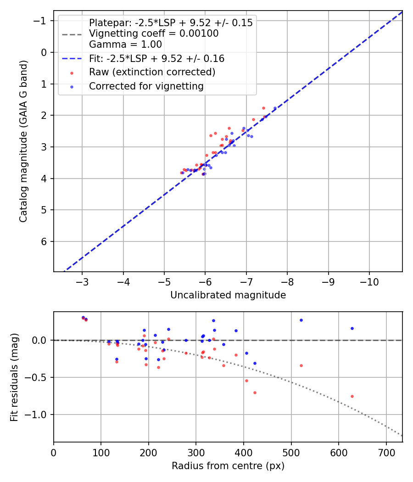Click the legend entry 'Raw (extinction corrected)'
[152, 72]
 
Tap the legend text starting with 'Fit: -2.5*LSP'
[156, 59]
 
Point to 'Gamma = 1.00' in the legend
[125, 45]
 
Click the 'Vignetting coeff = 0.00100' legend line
[154, 34]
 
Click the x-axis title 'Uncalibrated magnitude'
[228, 295]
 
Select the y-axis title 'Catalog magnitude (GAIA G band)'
[24, 141]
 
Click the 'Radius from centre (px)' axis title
[228, 466]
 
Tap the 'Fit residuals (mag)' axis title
[15, 377]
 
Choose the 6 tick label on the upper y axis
[45, 241]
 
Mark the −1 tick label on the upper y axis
[41, 21]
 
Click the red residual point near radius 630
[352, 396]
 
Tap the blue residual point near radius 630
[352, 328]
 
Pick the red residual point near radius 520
[301, 365]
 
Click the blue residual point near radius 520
[301, 320]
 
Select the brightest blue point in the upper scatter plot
[275, 108]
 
